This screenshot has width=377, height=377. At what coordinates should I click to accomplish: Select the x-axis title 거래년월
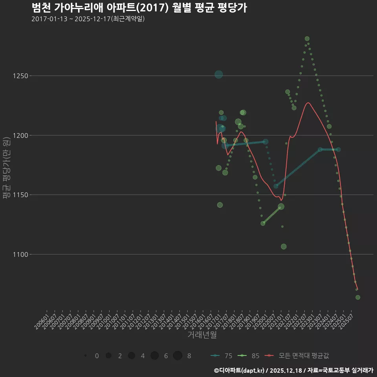[202, 335]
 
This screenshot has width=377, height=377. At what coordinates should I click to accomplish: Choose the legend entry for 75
[221, 356]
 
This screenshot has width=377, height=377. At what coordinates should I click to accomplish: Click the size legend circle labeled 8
[178, 356]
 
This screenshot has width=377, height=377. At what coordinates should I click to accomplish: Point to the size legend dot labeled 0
[85, 356]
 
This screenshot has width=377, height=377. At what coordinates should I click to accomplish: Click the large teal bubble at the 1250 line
[219, 74]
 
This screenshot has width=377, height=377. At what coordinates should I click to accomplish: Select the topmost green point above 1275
[307, 38]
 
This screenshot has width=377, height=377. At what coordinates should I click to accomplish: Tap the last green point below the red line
[358, 297]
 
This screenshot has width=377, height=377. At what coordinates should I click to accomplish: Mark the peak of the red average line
[308, 103]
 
